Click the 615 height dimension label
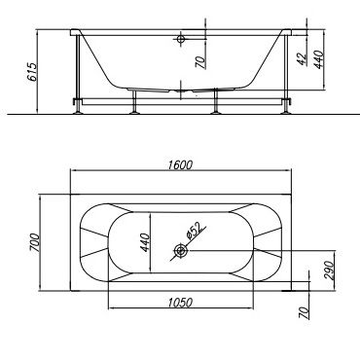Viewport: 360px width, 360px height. pos(32,71)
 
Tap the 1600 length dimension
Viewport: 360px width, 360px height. pos(180,165)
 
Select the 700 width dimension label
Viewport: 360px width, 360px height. pos(35,242)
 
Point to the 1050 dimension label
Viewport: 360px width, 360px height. pos(180,303)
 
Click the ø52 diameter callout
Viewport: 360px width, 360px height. pos(195,230)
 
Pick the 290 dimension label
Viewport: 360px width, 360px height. pos(328,270)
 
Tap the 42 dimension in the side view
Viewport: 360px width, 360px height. pos(303,58)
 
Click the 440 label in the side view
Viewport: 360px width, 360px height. pos(319,59)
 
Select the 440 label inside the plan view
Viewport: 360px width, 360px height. pos(145,242)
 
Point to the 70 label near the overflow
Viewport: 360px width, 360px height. pos(200,62)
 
